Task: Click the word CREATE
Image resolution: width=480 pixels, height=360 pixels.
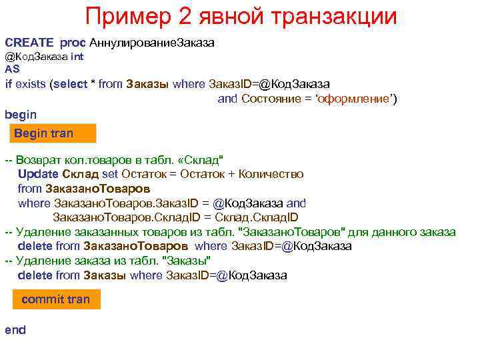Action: point(29,43)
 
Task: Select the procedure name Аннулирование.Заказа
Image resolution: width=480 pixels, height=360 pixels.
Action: point(151,43)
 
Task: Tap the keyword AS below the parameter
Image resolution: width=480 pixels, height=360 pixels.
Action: point(12,68)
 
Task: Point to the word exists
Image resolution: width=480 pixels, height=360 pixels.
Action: point(33,84)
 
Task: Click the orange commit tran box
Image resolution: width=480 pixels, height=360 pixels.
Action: point(56,299)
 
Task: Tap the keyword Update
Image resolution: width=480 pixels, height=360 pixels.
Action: point(39,174)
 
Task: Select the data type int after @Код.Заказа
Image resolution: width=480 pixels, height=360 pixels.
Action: point(77,57)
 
